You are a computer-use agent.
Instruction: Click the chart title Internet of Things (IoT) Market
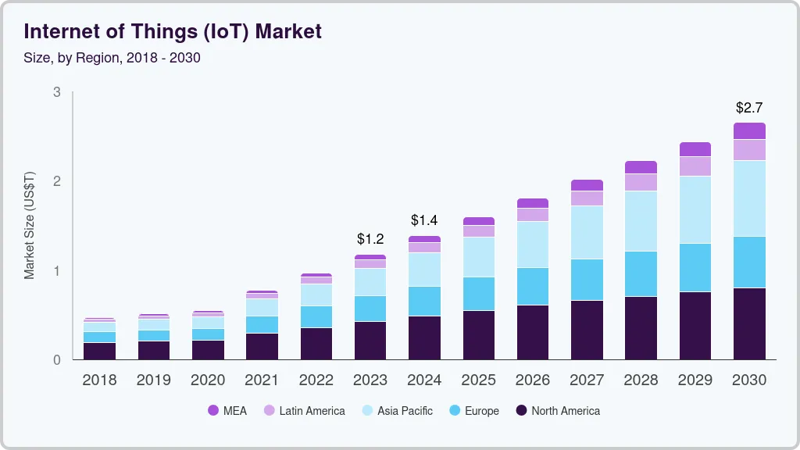[x=173, y=31]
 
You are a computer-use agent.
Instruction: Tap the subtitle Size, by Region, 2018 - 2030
[x=112, y=58]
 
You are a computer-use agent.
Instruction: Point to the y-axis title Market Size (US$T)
[x=30, y=225]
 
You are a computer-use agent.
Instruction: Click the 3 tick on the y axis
[x=56, y=92]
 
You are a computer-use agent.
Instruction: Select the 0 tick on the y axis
[x=56, y=360]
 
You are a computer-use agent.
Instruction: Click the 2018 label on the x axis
[x=99, y=380]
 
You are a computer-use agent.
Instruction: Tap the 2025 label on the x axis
[x=478, y=380]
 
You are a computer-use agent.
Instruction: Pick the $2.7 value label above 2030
[x=749, y=107]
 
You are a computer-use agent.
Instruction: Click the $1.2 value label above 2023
[x=370, y=238]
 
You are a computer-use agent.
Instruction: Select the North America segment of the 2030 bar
[x=749, y=323]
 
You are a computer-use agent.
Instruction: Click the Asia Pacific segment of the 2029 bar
[x=695, y=209]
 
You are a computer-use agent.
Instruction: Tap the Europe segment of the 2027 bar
[x=587, y=279]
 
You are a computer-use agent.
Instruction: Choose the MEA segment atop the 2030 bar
[x=749, y=130]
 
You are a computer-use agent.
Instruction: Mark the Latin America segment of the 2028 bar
[x=641, y=182]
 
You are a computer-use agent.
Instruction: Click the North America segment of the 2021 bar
[x=262, y=346]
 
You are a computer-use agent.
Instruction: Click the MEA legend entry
[x=227, y=411]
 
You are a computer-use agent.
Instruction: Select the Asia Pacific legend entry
[x=397, y=411]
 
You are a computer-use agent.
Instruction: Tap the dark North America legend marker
[x=522, y=411]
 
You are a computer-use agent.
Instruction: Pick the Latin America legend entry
[x=304, y=411]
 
